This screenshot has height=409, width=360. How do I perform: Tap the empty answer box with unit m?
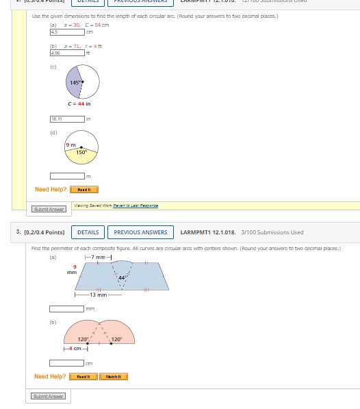click(66, 177)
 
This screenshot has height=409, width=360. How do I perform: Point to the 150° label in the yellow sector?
click(81, 153)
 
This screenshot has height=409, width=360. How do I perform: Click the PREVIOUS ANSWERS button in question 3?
click(140, 232)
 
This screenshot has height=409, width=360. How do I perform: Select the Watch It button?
click(113, 376)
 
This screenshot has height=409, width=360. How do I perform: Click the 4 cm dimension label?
click(75, 349)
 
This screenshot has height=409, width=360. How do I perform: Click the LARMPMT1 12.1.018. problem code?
click(206, 232)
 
